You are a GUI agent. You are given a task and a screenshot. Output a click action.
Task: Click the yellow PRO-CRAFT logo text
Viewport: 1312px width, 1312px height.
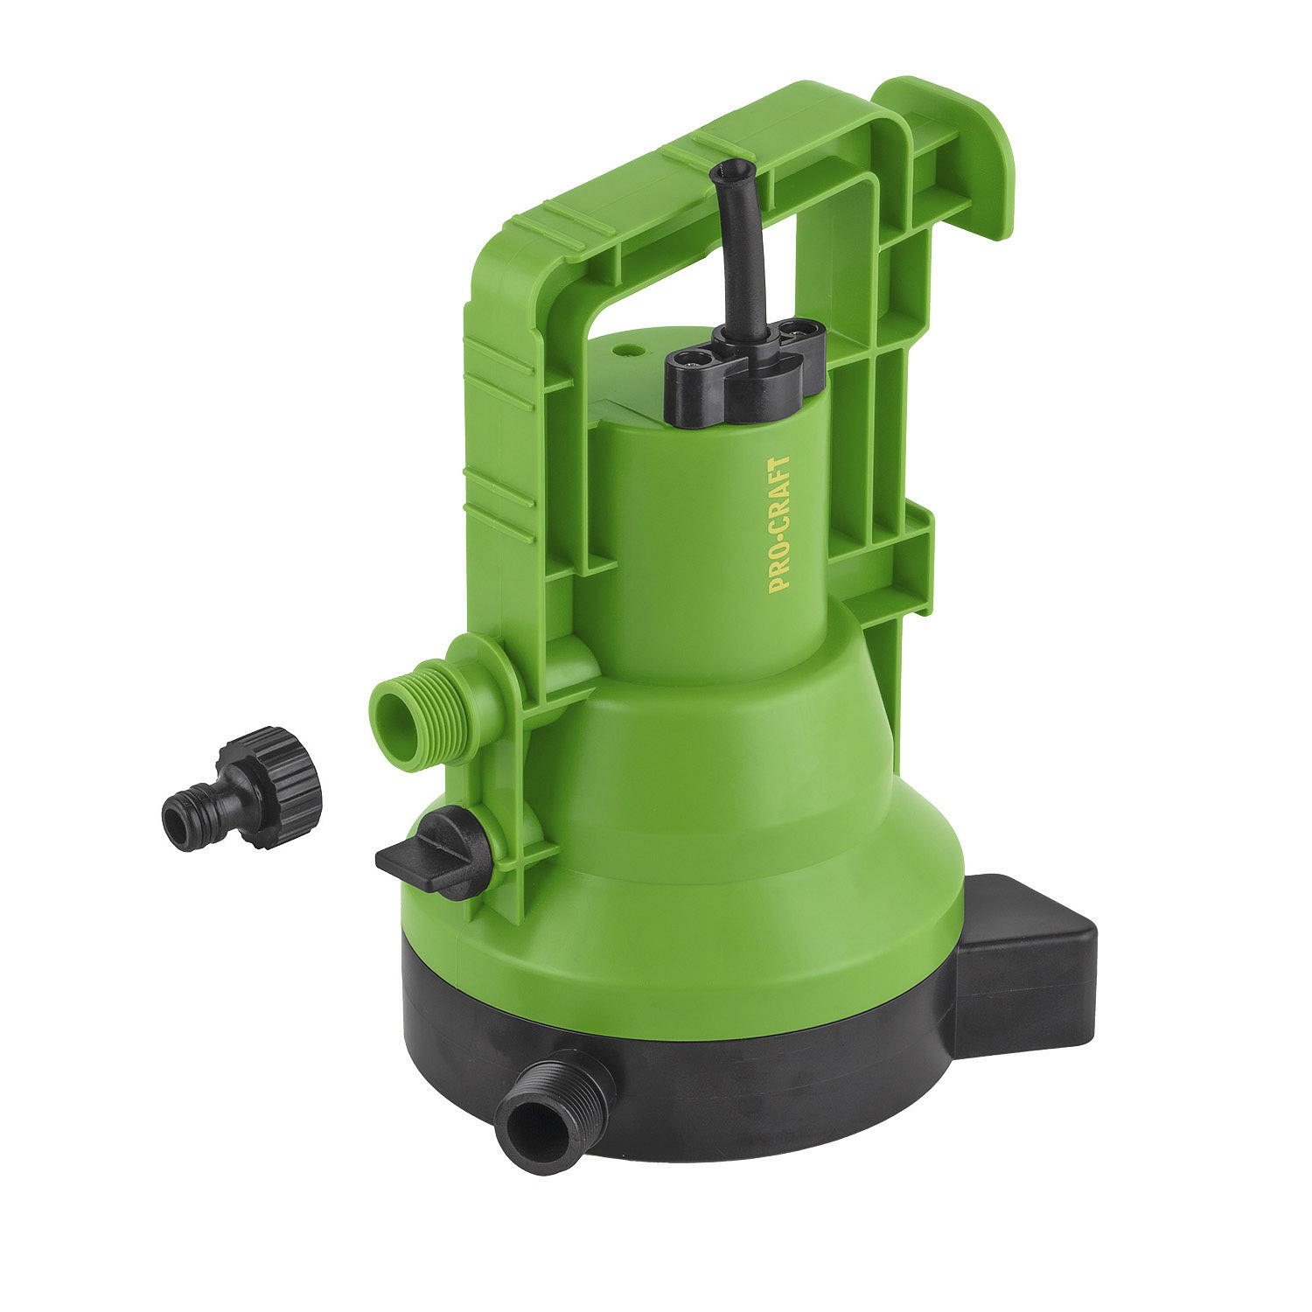pyautogui.click(x=779, y=524)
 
